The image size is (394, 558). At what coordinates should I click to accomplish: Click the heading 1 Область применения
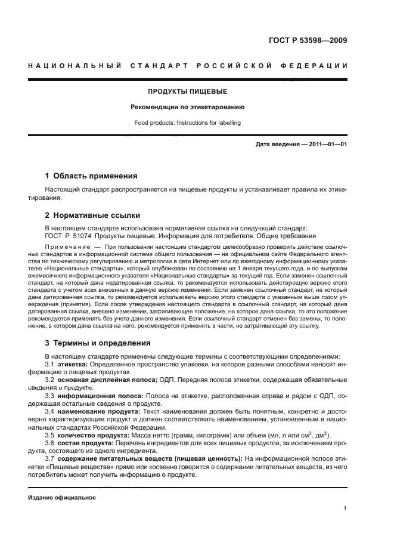pos(91,176)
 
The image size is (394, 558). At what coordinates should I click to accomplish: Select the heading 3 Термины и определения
pos(98,343)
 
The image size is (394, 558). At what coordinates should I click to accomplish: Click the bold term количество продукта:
pos(96,435)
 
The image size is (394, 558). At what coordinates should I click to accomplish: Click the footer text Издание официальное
pos(62,498)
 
